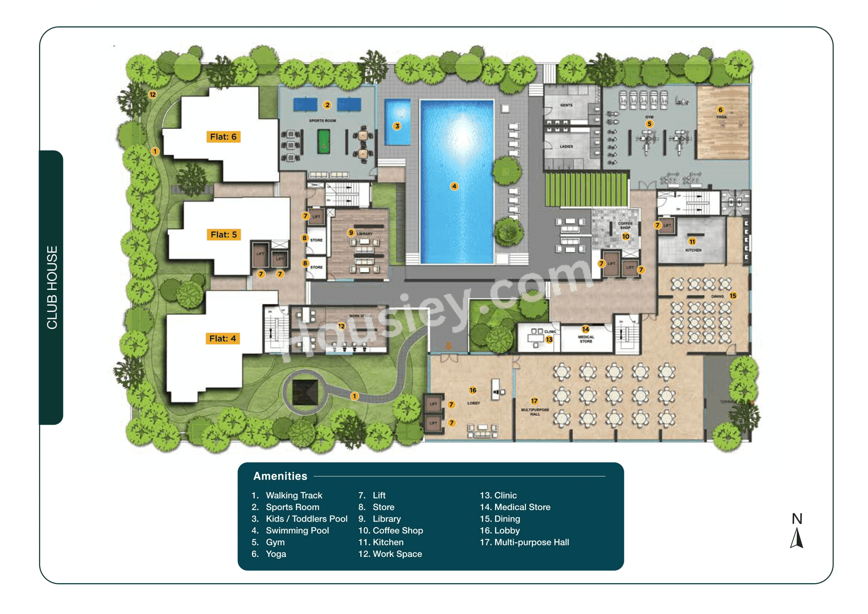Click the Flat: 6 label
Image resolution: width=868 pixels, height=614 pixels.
(223, 137)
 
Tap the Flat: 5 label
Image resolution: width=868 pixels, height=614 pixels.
(223, 235)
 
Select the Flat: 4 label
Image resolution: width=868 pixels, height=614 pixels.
(222, 339)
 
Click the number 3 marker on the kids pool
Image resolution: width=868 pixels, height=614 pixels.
(397, 126)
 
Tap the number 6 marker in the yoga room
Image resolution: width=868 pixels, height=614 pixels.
(720, 110)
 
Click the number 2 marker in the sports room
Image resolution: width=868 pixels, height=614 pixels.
(327, 105)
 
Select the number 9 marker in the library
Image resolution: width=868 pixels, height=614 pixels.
(351, 233)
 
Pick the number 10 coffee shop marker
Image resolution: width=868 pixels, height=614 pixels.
(626, 237)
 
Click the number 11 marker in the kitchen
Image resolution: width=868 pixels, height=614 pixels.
(692, 242)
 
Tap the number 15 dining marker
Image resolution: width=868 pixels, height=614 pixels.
(733, 296)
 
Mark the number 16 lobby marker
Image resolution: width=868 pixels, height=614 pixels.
(472, 390)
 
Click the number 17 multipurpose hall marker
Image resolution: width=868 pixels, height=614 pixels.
(534, 401)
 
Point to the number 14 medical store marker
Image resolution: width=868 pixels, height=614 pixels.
(585, 330)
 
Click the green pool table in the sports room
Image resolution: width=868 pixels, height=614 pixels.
(324, 141)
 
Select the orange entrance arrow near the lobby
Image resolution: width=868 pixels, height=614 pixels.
(448, 346)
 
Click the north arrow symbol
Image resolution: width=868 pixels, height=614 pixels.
(796, 538)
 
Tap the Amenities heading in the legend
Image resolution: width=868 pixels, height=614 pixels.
(280, 476)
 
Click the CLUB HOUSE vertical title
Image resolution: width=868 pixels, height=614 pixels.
(52, 288)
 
